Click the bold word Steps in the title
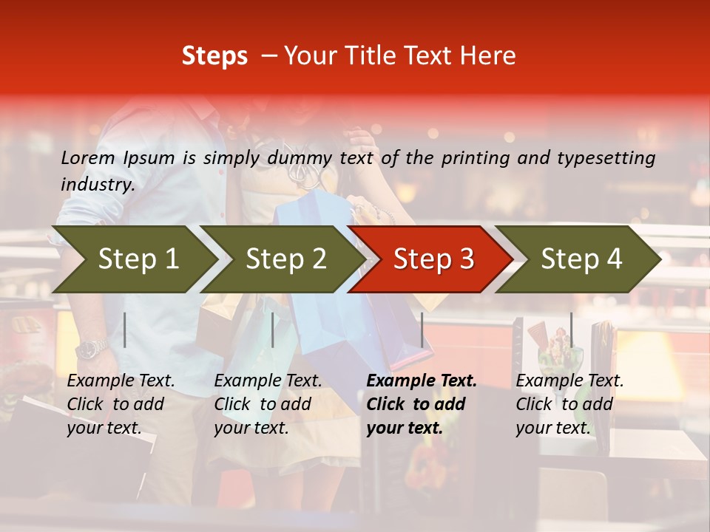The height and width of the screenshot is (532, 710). [214, 56]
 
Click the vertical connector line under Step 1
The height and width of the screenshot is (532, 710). [125, 330]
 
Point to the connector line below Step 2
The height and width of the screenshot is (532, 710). [273, 330]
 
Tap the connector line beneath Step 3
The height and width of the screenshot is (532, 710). [422, 330]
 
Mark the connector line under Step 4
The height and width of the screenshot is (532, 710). [571, 330]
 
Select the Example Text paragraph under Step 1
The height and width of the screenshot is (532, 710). [121, 404]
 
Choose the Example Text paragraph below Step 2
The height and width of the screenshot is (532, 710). [268, 404]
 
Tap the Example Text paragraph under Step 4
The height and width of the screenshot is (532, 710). [569, 404]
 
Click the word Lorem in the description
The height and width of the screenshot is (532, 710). [88, 158]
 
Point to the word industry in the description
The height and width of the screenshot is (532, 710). [97, 185]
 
